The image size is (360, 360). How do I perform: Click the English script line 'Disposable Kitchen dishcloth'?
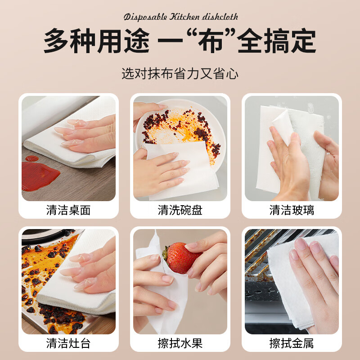pyautogui.click(x=180, y=17)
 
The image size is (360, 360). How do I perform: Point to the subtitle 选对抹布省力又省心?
pyautogui.click(x=180, y=73)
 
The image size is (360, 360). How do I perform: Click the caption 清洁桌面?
pyautogui.click(x=68, y=210)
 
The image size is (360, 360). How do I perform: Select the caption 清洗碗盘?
pyautogui.click(x=180, y=210)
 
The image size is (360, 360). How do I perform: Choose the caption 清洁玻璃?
pyautogui.click(x=292, y=210)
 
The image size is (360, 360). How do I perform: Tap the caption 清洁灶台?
pyautogui.click(x=68, y=344)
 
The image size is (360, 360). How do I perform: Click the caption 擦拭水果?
pyautogui.click(x=180, y=344)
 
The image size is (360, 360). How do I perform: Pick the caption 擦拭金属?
pyautogui.click(x=292, y=344)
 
